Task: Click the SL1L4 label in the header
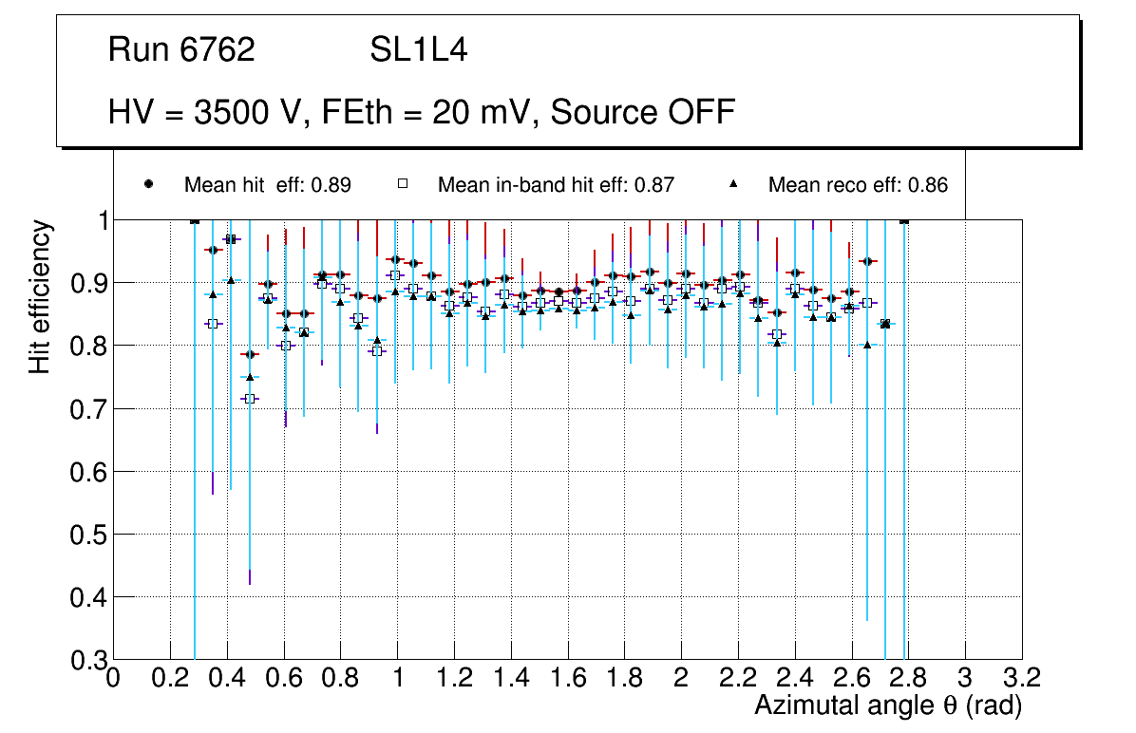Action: [x=418, y=49]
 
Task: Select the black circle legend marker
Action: [x=148, y=184]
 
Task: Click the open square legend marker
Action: [x=402, y=184]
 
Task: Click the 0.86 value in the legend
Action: [x=928, y=185]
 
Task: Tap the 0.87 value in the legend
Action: [x=654, y=185]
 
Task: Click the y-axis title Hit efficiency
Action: [x=40, y=296]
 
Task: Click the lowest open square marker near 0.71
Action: [x=250, y=399]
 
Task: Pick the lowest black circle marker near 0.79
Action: [x=250, y=354]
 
